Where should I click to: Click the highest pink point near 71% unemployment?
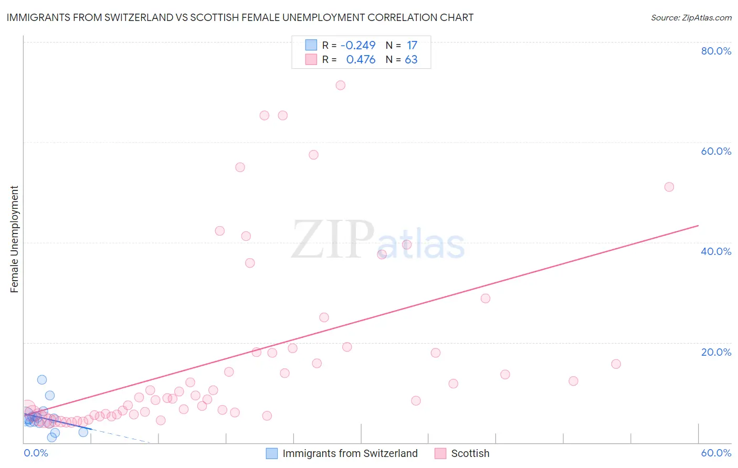click(340, 85)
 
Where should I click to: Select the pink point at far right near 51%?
click(669, 187)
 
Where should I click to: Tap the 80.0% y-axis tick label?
click(716, 51)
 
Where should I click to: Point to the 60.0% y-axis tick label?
click(716, 151)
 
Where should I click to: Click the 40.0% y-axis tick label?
click(716, 251)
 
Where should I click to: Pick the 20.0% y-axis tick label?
click(716, 352)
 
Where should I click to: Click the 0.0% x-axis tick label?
click(36, 453)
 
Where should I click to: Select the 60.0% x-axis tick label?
click(716, 453)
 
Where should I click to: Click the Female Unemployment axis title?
click(14, 239)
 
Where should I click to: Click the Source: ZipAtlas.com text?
click(691, 17)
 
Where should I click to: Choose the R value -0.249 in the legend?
click(358, 45)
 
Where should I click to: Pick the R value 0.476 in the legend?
click(361, 59)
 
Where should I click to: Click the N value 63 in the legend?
click(411, 59)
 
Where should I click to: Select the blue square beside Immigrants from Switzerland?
click(271, 453)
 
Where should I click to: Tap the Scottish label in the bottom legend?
click(470, 453)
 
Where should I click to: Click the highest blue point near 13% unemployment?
click(42, 379)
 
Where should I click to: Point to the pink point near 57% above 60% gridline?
click(313, 154)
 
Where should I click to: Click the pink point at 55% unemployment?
click(240, 167)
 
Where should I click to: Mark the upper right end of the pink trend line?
click(698, 226)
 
